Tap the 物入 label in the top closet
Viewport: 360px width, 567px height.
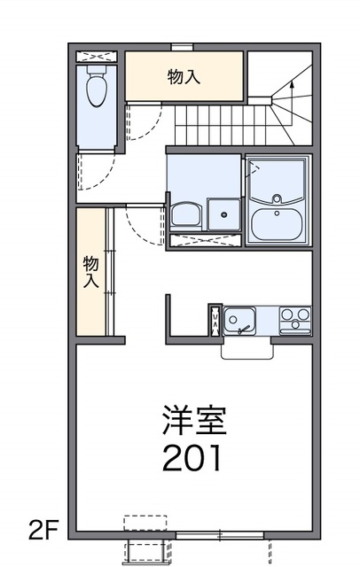pyautogui.click(x=184, y=77)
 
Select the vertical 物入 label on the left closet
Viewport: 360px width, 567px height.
pyautogui.click(x=90, y=271)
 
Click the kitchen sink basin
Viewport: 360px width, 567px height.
pyautogui.click(x=239, y=317)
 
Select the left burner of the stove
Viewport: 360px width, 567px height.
pyautogui.click(x=287, y=315)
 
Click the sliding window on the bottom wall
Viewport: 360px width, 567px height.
pyautogui.click(x=219, y=534)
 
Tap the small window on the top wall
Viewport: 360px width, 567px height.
pyautogui.click(x=183, y=45)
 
